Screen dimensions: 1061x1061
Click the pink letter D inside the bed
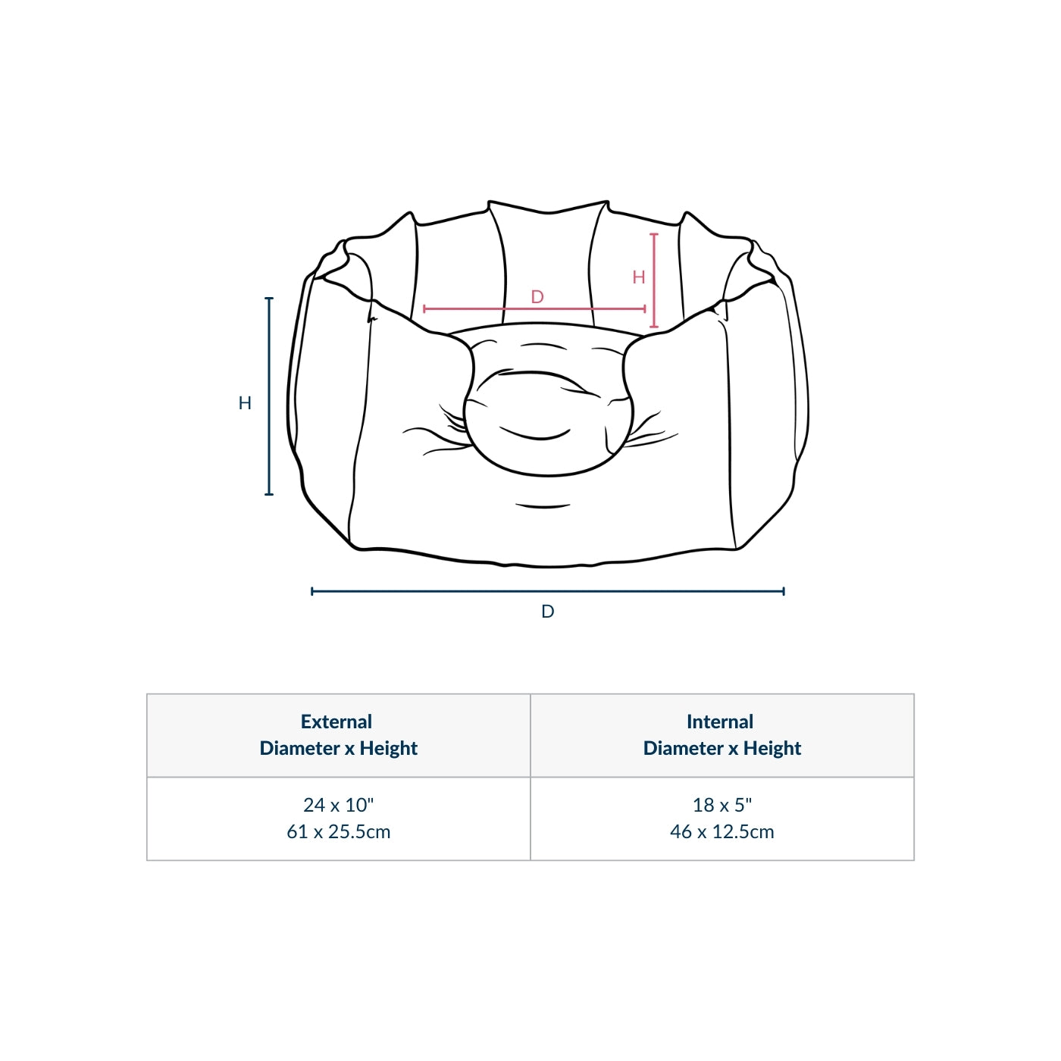click(x=537, y=297)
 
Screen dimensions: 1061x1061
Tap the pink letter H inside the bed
click(x=638, y=277)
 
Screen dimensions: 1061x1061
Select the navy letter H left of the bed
click(x=245, y=403)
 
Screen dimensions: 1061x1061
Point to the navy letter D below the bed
click(x=547, y=611)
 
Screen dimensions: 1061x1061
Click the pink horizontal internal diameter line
click(x=534, y=309)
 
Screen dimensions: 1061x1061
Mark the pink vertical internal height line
click(x=653, y=280)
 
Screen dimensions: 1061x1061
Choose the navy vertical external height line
click(x=269, y=396)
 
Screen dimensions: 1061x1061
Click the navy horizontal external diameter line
click(x=547, y=591)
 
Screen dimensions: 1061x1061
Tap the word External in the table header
click(x=336, y=721)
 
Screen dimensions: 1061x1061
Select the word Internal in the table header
click(x=720, y=721)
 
